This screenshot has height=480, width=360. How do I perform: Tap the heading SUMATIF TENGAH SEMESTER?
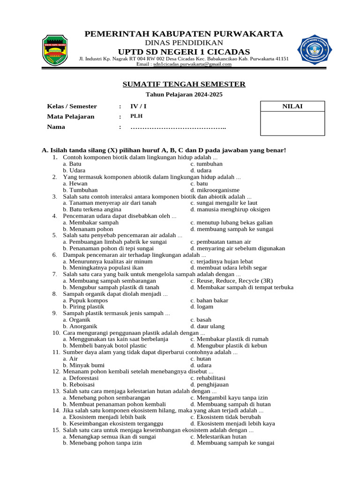(184, 84)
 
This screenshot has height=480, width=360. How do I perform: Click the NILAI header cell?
(292, 106)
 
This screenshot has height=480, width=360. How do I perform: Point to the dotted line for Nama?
(178, 127)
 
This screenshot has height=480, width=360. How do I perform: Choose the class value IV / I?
(138, 106)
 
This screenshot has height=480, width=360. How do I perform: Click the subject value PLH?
(136, 117)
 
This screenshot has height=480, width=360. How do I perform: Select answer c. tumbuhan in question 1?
(206, 164)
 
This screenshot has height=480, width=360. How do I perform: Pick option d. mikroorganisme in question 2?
(215, 190)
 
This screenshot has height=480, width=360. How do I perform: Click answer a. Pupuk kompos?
(85, 300)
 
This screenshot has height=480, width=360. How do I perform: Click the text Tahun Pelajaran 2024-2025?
(184, 95)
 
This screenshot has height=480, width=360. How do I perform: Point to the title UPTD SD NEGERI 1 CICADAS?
(184, 52)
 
